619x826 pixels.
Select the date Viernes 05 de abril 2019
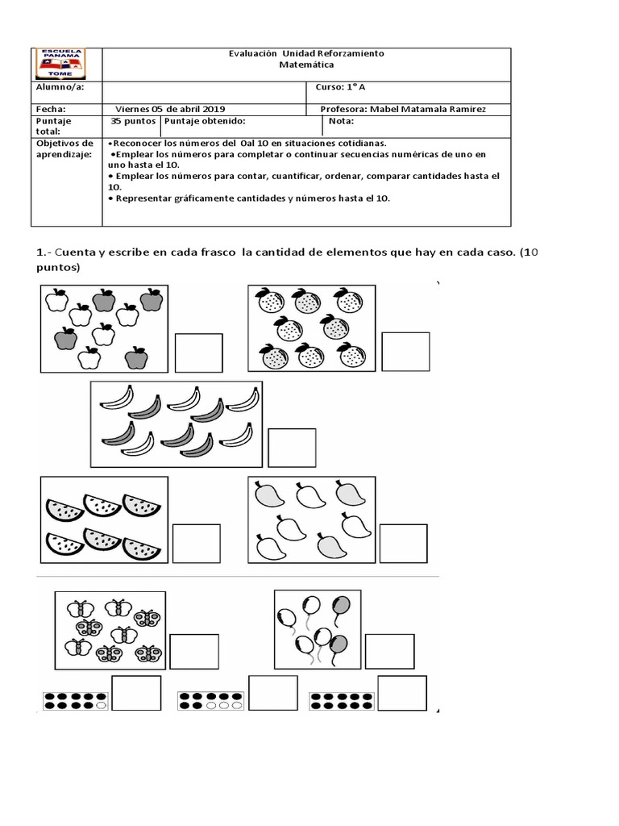[x=171, y=109]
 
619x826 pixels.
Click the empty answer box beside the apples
[x=198, y=353]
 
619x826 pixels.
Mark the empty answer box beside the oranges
[x=405, y=352]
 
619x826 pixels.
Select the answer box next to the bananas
[x=292, y=448]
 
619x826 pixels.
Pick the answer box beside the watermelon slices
[x=197, y=543]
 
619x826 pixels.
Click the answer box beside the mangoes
[x=403, y=543]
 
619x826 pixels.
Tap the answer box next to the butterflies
[x=193, y=652]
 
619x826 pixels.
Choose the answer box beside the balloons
[x=390, y=652]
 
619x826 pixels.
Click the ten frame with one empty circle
[x=74, y=699]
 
